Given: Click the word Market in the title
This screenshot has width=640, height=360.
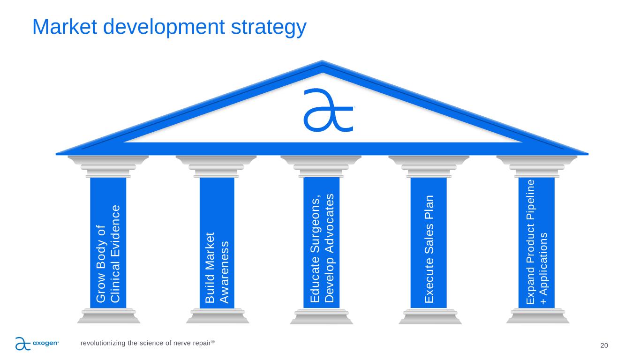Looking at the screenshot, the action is (65, 27).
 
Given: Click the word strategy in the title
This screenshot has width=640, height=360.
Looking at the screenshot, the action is (269, 28).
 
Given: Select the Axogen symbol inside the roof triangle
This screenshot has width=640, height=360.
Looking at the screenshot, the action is (329, 110).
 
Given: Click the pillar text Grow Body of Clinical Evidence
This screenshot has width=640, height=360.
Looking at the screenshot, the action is (108, 254).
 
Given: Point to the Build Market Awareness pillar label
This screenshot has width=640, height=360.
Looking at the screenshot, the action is (217, 268).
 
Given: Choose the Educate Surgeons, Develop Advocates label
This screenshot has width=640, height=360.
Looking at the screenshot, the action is (322, 248).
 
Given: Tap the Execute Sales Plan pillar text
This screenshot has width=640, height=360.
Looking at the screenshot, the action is (429, 249).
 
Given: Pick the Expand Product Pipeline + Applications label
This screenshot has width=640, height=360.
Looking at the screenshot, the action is (536, 242).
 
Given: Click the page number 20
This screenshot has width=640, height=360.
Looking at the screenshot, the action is (604, 345).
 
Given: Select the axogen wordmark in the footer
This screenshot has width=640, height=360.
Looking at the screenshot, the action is (46, 343).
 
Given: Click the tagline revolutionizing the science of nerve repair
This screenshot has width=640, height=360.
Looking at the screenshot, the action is (147, 343).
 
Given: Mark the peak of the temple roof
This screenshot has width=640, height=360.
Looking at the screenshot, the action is (322, 60).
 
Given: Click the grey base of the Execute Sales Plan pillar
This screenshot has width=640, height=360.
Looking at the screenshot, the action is (430, 316).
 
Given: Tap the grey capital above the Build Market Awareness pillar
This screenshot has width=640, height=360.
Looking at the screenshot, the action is (216, 166).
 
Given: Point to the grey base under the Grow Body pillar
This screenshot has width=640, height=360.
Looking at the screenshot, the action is (109, 316).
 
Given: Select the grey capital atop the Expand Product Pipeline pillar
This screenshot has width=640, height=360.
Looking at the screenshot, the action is (536, 166).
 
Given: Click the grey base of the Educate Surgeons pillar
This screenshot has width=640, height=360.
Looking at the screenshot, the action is (322, 316).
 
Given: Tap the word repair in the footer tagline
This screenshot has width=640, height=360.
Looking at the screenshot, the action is (202, 343).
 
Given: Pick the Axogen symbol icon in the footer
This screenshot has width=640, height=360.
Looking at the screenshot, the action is (23, 344).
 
